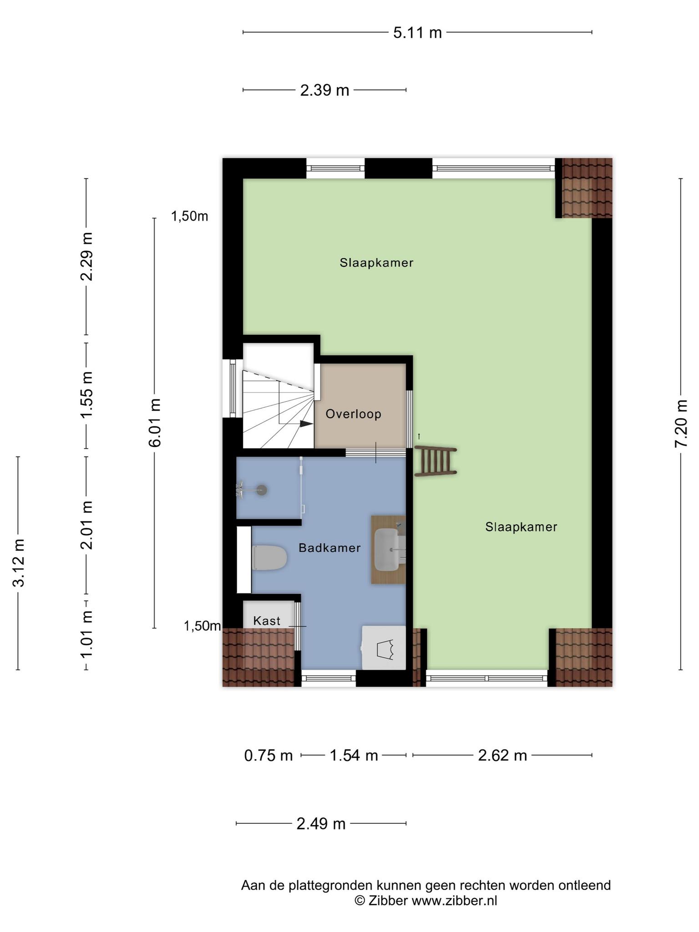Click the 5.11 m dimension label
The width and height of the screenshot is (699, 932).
pos(417,33)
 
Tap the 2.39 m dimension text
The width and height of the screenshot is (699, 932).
pos(324,91)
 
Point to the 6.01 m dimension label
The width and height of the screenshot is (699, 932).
pos(155,423)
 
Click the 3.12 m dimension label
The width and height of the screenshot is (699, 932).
pos(19,562)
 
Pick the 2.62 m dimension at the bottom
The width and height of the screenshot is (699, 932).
pos(502,755)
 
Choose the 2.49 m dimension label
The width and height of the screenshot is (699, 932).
pos(321,824)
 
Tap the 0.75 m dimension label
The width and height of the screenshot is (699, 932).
pos(268,755)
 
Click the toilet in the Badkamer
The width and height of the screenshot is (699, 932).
pos(269,557)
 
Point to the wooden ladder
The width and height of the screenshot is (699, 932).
pos(435,461)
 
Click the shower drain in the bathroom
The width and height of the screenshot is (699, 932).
pos(262,490)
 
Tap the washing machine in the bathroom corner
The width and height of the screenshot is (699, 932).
pos(383,648)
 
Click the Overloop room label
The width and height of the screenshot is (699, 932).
pos(353,414)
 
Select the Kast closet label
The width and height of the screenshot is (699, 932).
pos(267,621)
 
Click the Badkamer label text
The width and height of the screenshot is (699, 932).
pos(329,548)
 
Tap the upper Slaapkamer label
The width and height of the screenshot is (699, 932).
pos(376,263)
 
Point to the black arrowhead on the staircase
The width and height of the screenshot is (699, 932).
pos(306,423)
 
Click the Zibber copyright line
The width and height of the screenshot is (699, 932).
pos(425,901)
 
